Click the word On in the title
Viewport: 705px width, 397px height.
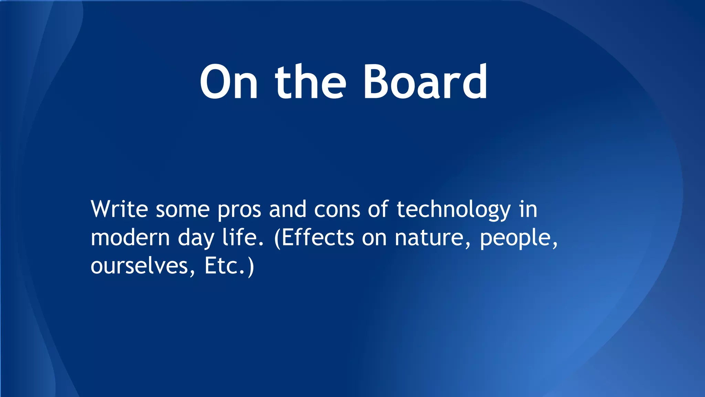click(229, 83)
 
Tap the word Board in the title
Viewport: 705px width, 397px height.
click(425, 83)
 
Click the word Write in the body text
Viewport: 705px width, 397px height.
click(119, 209)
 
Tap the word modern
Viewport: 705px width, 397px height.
click(130, 238)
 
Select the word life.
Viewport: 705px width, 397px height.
click(243, 237)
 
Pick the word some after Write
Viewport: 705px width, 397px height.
click(182, 210)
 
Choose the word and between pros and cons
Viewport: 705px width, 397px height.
click(287, 209)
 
